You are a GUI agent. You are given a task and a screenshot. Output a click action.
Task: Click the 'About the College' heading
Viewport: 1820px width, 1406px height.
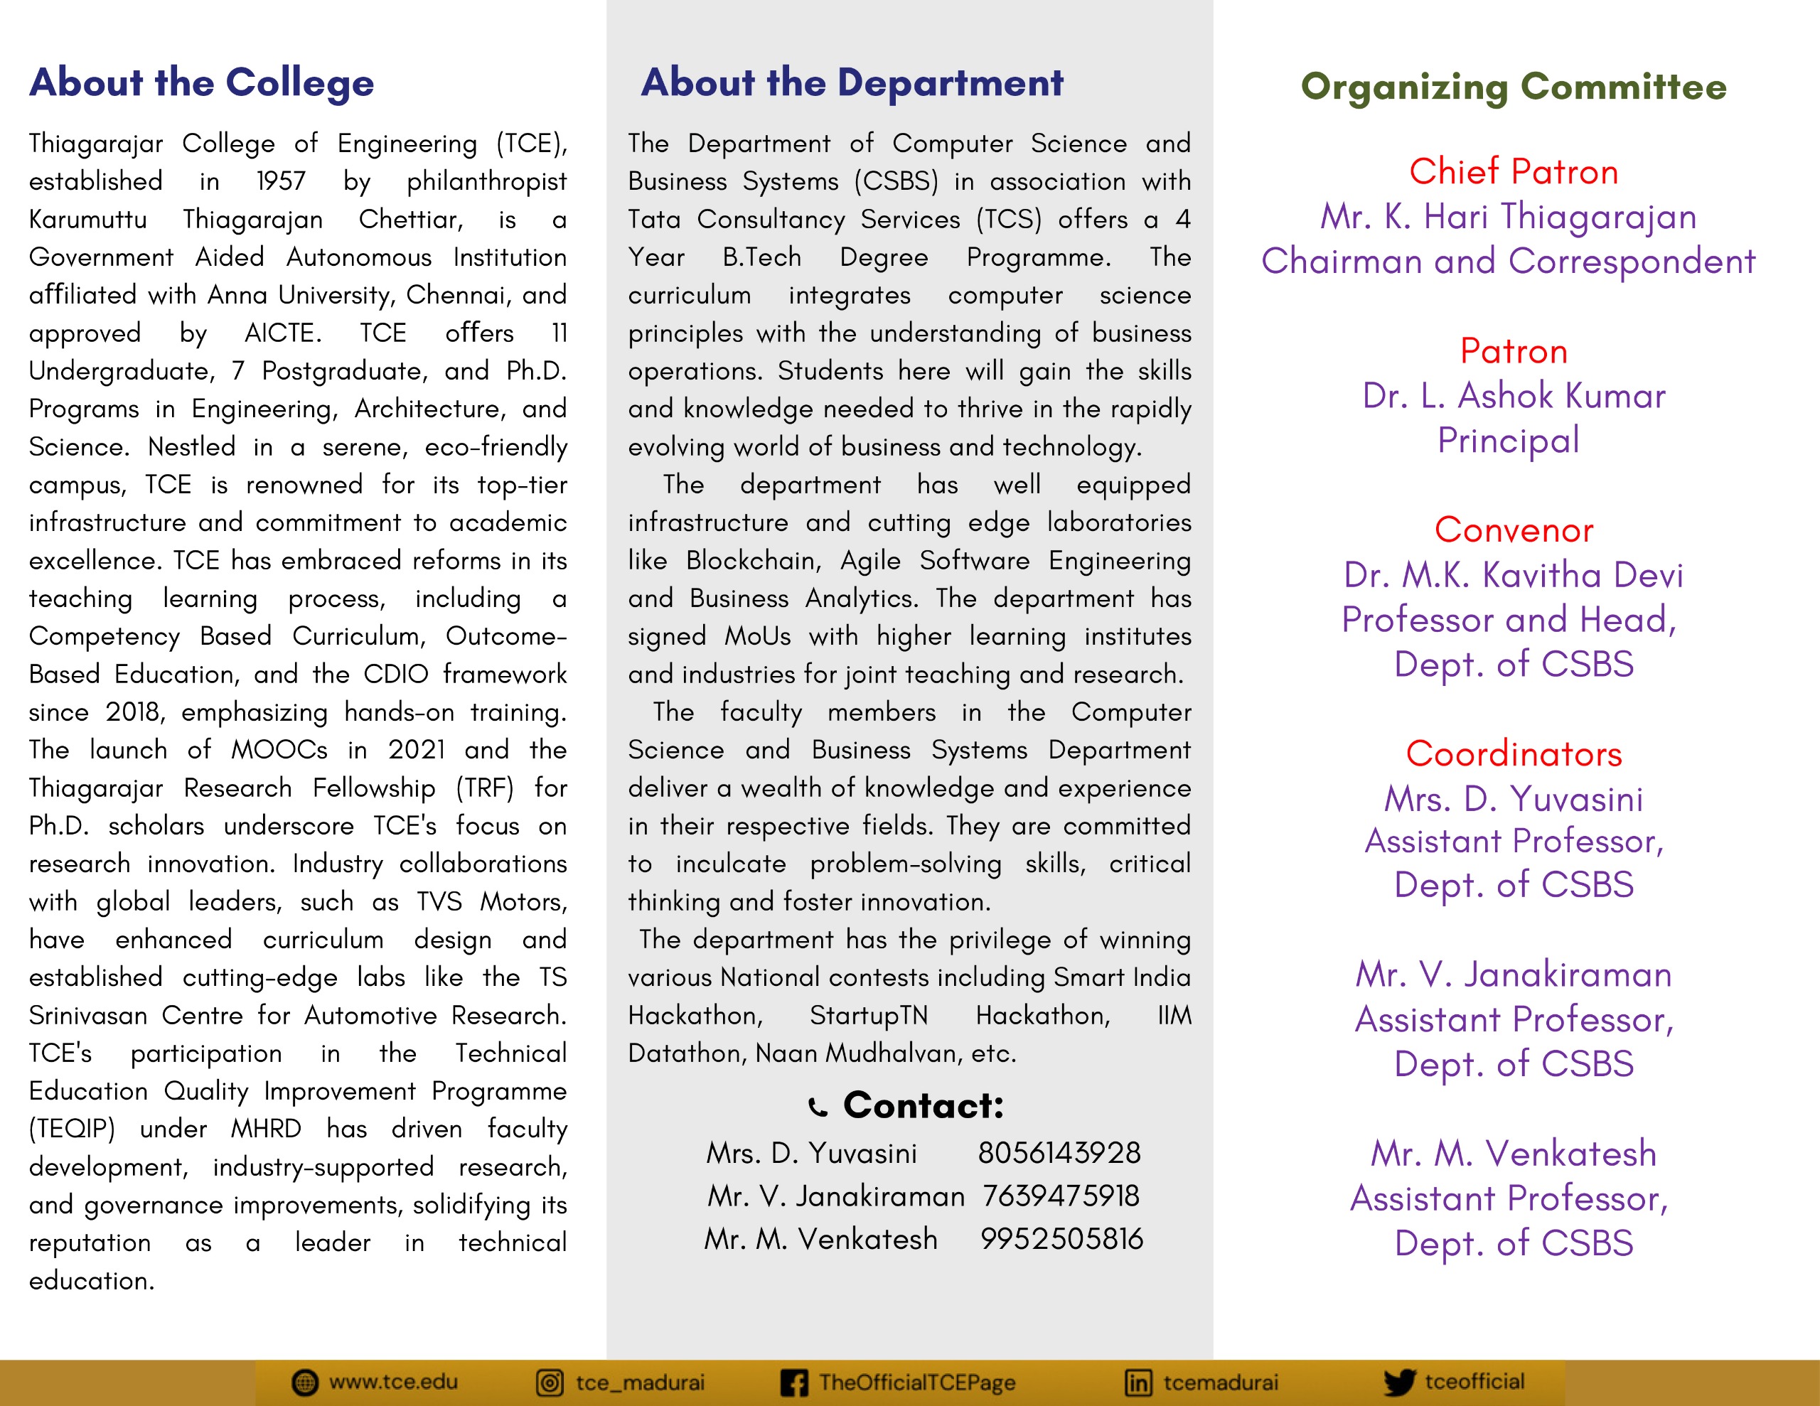pyautogui.click(x=202, y=82)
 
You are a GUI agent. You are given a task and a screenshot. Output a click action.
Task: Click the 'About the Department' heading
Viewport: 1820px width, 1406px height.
pyautogui.click(x=852, y=82)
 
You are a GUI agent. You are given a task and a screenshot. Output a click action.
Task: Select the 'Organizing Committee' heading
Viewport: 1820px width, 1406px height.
pyautogui.click(x=1514, y=87)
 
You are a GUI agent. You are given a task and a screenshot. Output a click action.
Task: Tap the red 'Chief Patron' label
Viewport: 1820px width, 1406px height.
pyautogui.click(x=1514, y=172)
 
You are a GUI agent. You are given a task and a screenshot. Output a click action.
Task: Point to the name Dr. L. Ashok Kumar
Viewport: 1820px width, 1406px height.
pyautogui.click(x=1514, y=396)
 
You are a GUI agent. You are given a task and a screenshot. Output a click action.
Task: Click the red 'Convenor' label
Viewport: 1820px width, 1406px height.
pyautogui.click(x=1514, y=530)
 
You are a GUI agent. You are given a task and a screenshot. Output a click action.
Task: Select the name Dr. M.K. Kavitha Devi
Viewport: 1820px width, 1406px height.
pyautogui.click(x=1514, y=575)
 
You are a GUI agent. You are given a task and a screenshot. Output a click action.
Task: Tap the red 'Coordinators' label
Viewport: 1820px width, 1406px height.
pyautogui.click(x=1514, y=754)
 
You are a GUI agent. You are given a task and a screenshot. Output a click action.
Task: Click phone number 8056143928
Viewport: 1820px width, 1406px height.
pyautogui.click(x=1059, y=1153)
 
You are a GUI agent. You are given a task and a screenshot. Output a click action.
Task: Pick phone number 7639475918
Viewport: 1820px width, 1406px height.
pyautogui.click(x=1060, y=1196)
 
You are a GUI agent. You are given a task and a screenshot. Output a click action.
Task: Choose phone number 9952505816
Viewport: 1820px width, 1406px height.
pyautogui.click(x=1061, y=1240)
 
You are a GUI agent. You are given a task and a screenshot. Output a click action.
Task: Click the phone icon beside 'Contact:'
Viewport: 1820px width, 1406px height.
pyautogui.click(x=818, y=1107)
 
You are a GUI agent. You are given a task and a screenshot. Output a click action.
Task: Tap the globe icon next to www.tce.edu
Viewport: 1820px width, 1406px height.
pyautogui.click(x=305, y=1383)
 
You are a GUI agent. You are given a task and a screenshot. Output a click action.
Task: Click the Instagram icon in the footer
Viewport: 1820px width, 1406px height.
pyautogui.click(x=549, y=1383)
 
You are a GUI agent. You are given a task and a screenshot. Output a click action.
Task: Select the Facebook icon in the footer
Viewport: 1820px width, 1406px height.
pyautogui.click(x=793, y=1383)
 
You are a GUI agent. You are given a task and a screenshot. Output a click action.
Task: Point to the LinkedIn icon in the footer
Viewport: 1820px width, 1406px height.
pyautogui.click(x=1138, y=1383)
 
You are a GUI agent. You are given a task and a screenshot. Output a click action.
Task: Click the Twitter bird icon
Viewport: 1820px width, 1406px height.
pyautogui.click(x=1399, y=1383)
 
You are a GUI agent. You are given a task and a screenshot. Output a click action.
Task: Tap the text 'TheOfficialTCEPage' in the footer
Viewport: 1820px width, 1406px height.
pyautogui.click(x=916, y=1383)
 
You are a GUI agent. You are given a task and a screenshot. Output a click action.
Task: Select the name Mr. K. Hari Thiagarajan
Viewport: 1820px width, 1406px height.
pyautogui.click(x=1509, y=217)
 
